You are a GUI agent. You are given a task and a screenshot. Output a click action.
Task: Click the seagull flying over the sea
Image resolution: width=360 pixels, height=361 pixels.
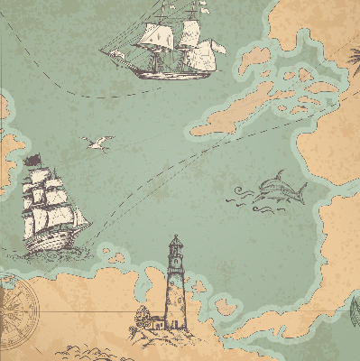point(97,142)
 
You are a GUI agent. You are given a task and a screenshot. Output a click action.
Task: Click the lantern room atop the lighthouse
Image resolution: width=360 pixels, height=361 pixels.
point(175,246)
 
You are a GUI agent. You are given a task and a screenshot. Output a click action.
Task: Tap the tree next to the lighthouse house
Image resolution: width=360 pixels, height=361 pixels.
point(141,316)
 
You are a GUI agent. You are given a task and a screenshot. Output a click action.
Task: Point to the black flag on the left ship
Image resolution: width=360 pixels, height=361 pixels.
point(34,161)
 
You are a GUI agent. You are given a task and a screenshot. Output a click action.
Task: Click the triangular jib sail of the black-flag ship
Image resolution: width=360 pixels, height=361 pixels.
point(80,218)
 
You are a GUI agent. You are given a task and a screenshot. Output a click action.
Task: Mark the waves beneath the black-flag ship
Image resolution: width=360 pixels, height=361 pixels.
point(54,255)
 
